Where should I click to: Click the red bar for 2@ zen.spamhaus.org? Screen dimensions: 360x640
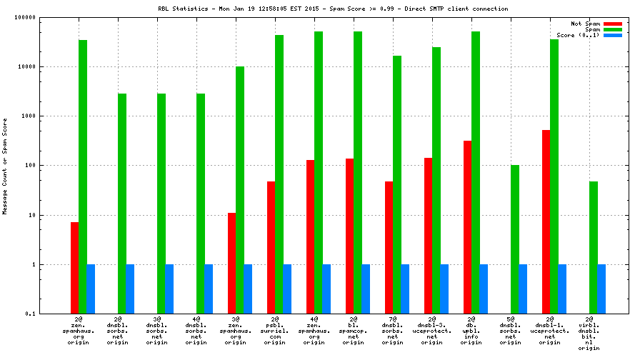[x=74, y=268]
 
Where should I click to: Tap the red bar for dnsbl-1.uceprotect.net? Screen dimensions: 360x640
[x=546, y=221]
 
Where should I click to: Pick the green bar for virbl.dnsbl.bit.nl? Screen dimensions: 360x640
[x=594, y=247]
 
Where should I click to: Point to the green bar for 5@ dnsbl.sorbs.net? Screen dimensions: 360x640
[x=515, y=239]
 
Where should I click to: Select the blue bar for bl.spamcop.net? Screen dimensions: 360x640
[x=366, y=289]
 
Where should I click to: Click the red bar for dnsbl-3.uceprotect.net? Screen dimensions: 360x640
[x=428, y=236]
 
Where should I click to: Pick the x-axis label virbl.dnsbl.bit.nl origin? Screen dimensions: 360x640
[x=589, y=336]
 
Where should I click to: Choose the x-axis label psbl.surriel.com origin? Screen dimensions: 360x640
[x=274, y=333]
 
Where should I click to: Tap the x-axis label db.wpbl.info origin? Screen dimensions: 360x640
[x=471, y=333]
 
